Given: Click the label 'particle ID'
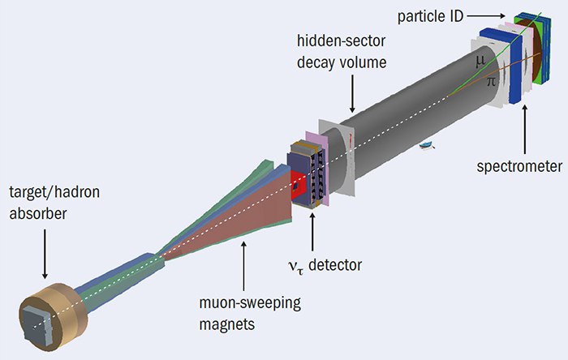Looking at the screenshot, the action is click(430, 17).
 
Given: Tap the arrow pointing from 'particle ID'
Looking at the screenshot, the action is click(486, 16).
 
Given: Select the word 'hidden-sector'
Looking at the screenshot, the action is click(341, 41).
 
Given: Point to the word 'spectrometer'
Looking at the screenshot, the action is click(519, 166).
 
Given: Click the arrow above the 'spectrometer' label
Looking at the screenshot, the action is click(524, 129).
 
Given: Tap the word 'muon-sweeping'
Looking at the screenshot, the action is click(250, 302).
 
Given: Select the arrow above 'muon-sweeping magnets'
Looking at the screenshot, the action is click(243, 266).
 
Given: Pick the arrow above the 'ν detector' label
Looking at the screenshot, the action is click(312, 232).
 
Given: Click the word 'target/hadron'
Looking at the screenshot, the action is click(54, 192).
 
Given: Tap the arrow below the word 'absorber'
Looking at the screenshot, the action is click(45, 254).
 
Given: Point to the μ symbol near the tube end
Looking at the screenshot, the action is click(480, 62).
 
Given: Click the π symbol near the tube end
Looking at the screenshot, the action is click(491, 81).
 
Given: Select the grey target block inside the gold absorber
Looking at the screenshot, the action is click(37, 327).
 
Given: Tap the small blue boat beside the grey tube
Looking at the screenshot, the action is click(427, 145).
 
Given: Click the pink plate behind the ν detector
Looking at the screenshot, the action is click(316, 167).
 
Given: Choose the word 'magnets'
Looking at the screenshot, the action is click(226, 324).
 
